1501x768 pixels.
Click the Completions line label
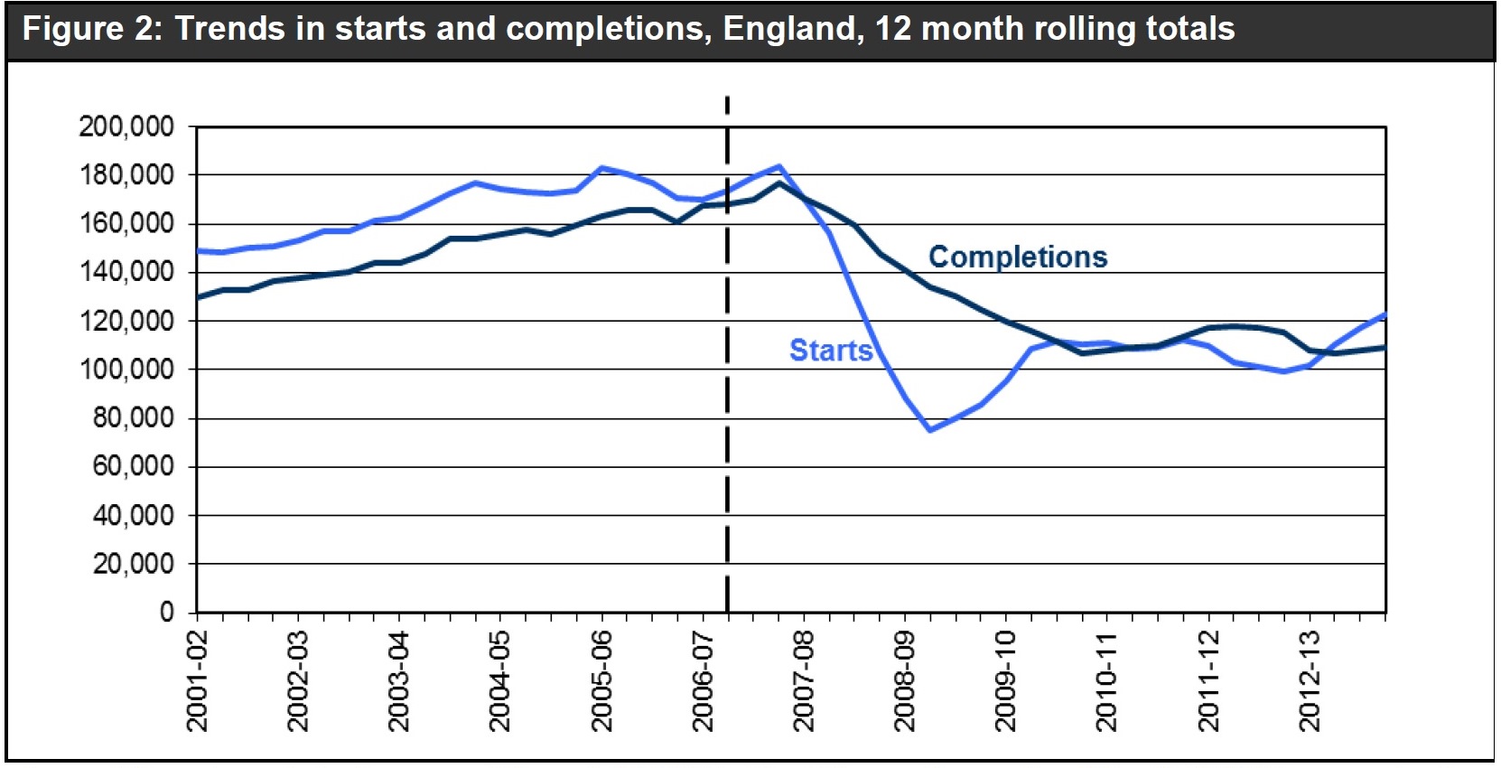tap(1018, 258)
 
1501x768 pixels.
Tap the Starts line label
tap(831, 351)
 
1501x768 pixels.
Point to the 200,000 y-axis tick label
tap(126, 126)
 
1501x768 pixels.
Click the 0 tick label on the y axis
tap(166, 613)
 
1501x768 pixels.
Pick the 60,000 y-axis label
tap(133, 467)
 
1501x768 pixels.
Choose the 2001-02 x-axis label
tap(197, 680)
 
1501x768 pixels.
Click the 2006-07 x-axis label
tap(704, 680)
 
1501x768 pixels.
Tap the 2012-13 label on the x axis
tap(1310, 680)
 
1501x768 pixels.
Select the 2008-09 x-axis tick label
tap(905, 680)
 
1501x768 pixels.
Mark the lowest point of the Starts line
tap(929, 430)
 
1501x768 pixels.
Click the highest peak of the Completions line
tap(779, 183)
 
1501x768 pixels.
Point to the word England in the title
tap(788, 29)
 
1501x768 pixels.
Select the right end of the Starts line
tap(1384, 314)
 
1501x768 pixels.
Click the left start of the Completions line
tap(198, 297)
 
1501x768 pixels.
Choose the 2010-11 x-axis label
tap(1107, 680)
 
